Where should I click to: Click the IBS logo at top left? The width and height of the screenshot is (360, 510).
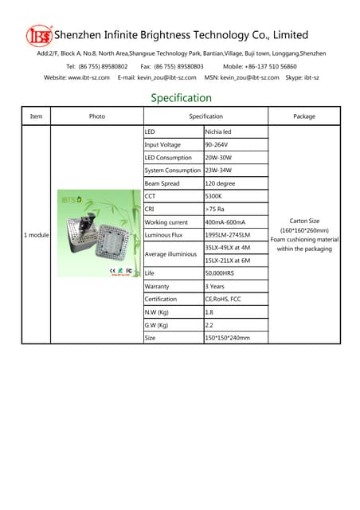pyautogui.click(x=37, y=36)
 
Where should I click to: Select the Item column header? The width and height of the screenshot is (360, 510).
pyautogui.click(x=36, y=116)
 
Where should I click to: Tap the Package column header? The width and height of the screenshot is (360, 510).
pyautogui.click(x=304, y=116)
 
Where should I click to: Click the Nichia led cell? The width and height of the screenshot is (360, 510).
pyautogui.click(x=218, y=131)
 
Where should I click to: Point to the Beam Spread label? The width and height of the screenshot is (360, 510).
pyautogui.click(x=162, y=183)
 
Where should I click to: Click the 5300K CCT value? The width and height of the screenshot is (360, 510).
pyautogui.click(x=213, y=196)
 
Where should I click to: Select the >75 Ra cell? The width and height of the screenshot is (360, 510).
pyautogui.click(x=214, y=209)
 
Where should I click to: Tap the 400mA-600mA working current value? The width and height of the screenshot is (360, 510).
pyautogui.click(x=225, y=222)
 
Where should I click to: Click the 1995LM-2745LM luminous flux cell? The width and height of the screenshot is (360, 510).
pyautogui.click(x=227, y=235)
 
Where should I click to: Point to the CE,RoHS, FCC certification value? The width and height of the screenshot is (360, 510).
pyautogui.click(x=223, y=299)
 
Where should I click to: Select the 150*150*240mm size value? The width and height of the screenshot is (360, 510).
pyautogui.click(x=227, y=338)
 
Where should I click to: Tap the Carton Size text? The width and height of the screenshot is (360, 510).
pyautogui.click(x=303, y=221)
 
